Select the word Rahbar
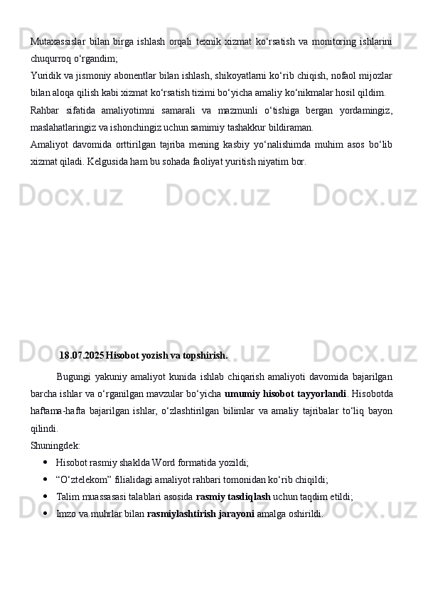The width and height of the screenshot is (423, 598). pyautogui.click(x=45, y=111)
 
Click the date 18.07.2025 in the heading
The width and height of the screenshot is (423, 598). pyautogui.click(x=81, y=354)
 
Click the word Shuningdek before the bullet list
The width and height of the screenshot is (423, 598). pyautogui.click(x=55, y=445)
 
